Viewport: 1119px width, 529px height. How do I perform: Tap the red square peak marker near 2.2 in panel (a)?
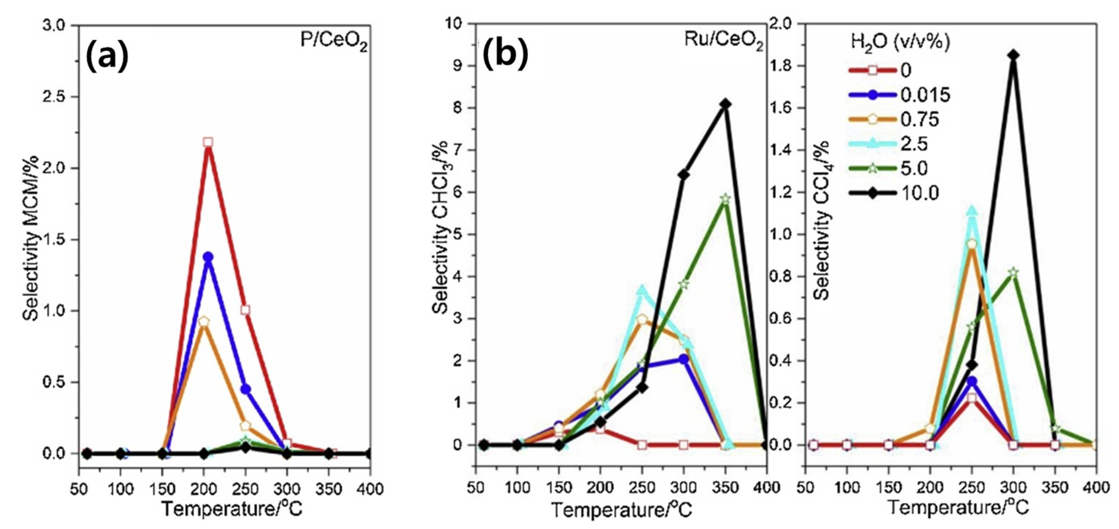pos(208,142)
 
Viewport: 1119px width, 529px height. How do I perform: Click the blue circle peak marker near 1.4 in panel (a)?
pos(208,257)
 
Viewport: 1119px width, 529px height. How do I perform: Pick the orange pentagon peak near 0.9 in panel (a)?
pos(204,322)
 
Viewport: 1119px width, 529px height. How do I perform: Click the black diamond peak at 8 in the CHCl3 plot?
pos(725,104)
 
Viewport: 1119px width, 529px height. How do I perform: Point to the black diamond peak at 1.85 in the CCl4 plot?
pos(1013,55)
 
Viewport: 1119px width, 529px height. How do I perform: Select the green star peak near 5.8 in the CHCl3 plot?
pos(725,199)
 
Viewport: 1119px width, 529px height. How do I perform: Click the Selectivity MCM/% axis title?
pos(31,239)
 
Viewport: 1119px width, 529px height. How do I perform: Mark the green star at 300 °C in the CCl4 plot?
pos(1013,272)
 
